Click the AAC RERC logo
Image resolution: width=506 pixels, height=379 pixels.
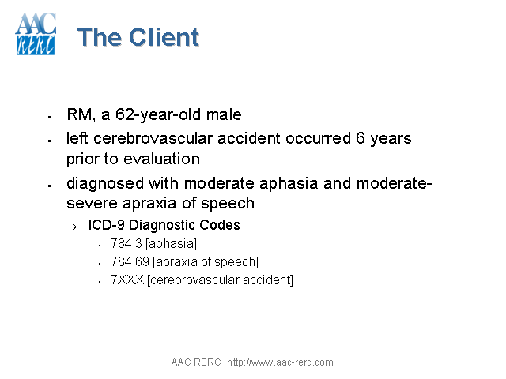pos(36,34)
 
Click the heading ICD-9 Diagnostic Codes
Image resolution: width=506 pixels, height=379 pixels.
pos(164,225)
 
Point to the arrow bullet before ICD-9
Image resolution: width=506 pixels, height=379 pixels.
pos(74,227)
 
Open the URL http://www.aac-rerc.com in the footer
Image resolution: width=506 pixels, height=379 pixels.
pos(280,362)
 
